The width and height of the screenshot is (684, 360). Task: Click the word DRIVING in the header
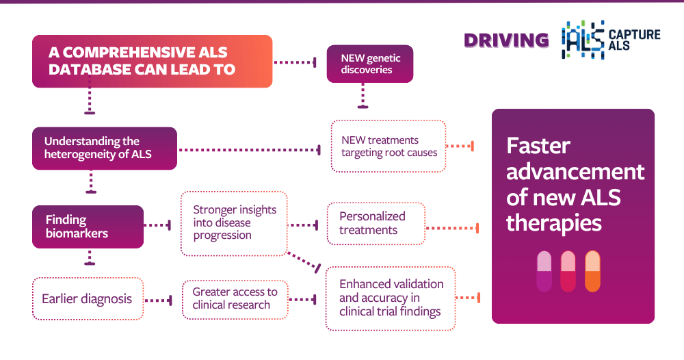(x=506, y=40)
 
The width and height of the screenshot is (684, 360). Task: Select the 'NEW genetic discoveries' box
(x=370, y=64)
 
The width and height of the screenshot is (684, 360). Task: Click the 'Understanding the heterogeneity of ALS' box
(x=105, y=149)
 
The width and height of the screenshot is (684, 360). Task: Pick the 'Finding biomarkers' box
(x=88, y=227)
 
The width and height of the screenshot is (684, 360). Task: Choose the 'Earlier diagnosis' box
(x=88, y=298)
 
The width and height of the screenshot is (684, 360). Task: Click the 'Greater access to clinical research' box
(x=235, y=298)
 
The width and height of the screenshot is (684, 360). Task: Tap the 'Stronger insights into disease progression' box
(x=234, y=223)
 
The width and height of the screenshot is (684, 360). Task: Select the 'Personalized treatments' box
(x=376, y=223)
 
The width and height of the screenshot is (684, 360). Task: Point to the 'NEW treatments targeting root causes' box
(x=389, y=146)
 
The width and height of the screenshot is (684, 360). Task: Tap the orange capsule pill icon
(x=592, y=271)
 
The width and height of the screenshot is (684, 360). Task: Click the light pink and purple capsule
(x=544, y=271)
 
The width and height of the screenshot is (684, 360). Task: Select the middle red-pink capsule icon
(x=568, y=271)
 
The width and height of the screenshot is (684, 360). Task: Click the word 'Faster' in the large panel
(x=538, y=145)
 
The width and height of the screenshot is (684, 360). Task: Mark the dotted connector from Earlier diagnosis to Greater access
(x=159, y=299)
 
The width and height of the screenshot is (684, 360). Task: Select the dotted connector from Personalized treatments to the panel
(x=451, y=227)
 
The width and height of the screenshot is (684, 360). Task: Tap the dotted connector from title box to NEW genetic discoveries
(x=295, y=62)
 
